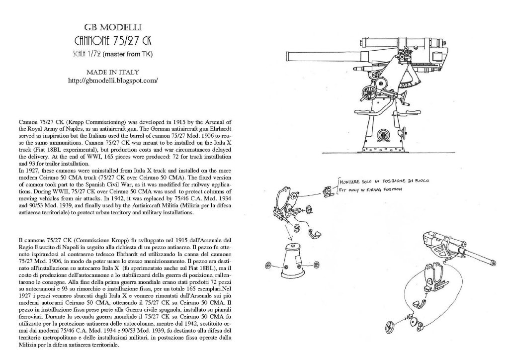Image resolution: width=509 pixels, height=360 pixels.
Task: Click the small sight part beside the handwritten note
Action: pyautogui.click(x=328, y=189)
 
